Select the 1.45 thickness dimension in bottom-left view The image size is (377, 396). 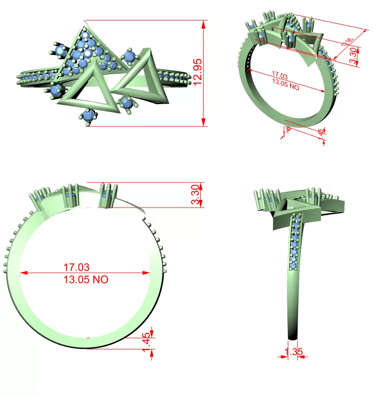point(147,343)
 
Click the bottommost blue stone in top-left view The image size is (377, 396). point(88,115)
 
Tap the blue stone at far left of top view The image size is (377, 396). point(59,50)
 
